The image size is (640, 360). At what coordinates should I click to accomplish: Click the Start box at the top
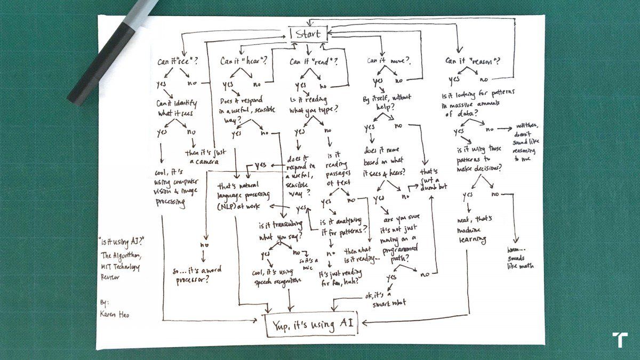point(308,34)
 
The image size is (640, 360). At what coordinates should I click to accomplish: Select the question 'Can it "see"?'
point(177,61)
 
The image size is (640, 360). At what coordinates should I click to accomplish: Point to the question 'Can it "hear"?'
point(243,61)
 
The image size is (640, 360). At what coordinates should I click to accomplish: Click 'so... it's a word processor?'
point(198,274)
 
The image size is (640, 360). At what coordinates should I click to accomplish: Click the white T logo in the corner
point(620,339)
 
